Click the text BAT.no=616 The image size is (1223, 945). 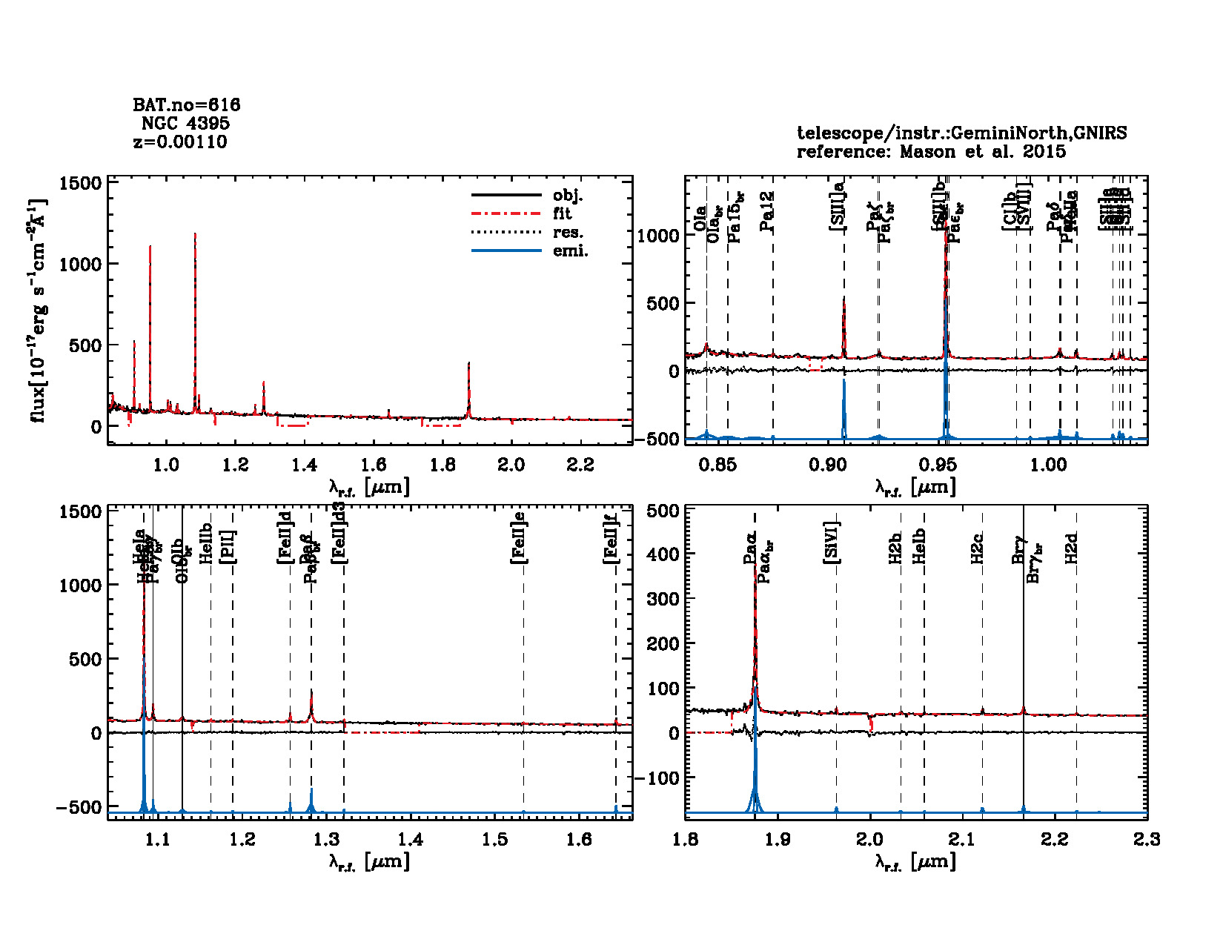click(186, 105)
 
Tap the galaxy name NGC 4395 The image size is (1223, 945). click(185, 123)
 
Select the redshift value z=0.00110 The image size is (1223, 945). click(180, 142)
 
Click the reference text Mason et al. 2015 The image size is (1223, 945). click(983, 152)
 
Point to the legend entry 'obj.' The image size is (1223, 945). click(568, 196)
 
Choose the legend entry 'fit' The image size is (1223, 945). click(563, 214)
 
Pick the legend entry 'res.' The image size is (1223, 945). click(568, 233)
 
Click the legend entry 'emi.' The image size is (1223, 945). click(570, 251)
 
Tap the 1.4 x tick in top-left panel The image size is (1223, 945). click(304, 465)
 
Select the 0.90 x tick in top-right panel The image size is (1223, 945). click(827, 465)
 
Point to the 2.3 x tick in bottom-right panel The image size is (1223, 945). click(1147, 839)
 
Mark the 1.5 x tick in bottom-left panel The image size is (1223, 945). click(494, 839)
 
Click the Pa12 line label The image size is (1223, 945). click(768, 211)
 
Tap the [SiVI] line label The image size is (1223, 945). click(832, 543)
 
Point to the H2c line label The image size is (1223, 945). click(978, 548)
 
